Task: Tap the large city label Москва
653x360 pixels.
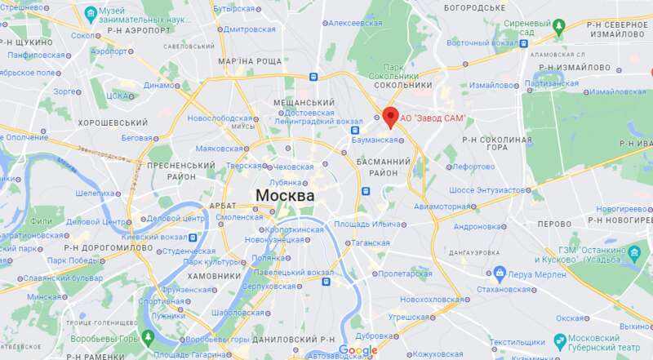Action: click(x=285, y=196)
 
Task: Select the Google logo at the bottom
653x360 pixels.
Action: click(x=358, y=350)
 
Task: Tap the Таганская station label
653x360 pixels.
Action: click(x=371, y=242)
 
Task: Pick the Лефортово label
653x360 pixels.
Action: click(x=473, y=167)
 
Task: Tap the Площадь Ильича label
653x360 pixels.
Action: click(x=367, y=224)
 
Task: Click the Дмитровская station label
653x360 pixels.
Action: click(x=250, y=29)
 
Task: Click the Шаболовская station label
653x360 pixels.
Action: click(x=237, y=313)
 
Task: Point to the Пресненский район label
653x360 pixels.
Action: click(x=171, y=170)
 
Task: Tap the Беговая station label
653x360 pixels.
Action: click(x=136, y=138)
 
